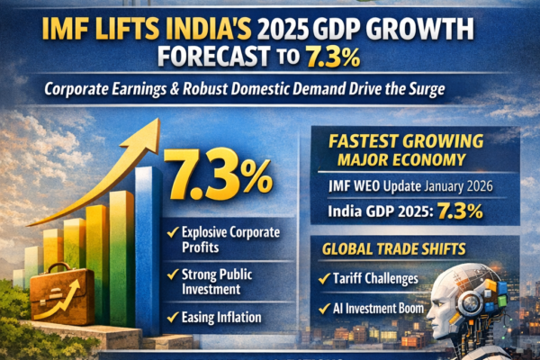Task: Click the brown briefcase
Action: tap(63, 297)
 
